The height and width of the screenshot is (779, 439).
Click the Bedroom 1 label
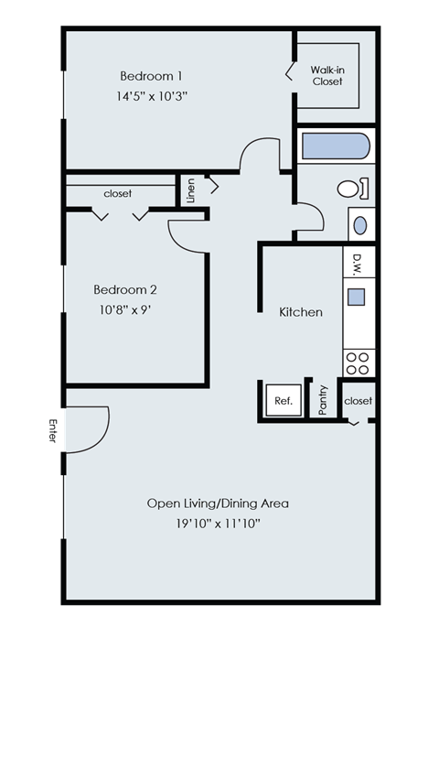(151, 75)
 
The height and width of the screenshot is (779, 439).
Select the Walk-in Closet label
(327, 75)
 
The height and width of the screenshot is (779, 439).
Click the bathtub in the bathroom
(335, 147)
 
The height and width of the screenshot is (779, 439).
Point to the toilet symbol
(352, 189)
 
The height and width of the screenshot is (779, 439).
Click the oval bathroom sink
(360, 224)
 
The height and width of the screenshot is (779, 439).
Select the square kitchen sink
(357, 298)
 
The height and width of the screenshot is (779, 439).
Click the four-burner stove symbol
(357, 363)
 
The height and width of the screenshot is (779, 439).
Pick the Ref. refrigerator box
(283, 401)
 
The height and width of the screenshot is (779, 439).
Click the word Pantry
(323, 401)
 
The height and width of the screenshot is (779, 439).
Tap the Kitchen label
(301, 312)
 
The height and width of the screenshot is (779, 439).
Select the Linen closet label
(191, 189)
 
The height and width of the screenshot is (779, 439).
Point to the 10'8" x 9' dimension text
(125, 309)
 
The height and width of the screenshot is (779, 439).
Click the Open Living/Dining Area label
(218, 503)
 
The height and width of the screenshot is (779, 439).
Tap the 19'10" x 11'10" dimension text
(218, 524)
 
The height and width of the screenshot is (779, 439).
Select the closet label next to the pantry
(359, 401)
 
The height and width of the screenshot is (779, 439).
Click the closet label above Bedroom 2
(117, 194)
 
